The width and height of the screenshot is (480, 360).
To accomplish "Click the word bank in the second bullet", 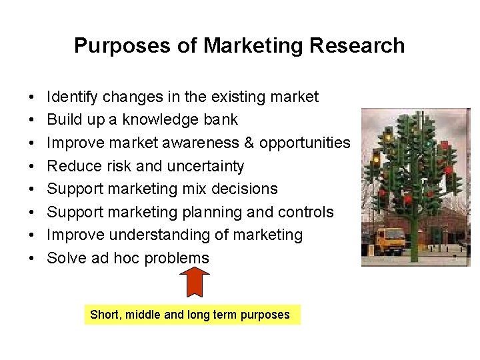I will pos(220,120).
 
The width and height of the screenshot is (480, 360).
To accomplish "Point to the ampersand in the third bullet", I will pos(249,143).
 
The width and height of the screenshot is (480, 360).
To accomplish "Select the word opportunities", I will pos(305,143).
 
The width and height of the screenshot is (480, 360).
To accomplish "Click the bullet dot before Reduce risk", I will pos(33,167).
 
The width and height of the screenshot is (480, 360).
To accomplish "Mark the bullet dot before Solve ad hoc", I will pos(33,259).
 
